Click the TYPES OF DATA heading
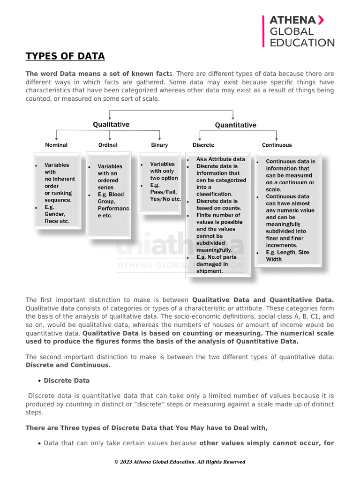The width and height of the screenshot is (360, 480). tap(65, 57)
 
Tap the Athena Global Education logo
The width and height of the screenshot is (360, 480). tap(299, 31)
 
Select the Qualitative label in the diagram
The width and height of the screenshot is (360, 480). tap(111, 125)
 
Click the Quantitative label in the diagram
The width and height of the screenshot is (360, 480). tap(235, 125)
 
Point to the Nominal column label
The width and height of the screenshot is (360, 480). tap(56, 145)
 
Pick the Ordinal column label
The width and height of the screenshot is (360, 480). tap(108, 145)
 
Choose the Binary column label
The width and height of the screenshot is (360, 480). tap(159, 145)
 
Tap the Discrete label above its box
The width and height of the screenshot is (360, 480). tap(203, 145)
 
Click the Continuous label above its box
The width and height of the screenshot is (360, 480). tap(277, 145)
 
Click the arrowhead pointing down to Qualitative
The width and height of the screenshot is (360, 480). tap(110, 118)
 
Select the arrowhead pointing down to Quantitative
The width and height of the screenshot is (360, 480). tap(233, 118)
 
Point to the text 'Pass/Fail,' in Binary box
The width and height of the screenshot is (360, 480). tap(164, 192)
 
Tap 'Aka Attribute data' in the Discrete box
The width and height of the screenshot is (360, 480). tap(220, 159)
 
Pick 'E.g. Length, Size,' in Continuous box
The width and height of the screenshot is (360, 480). tap(288, 252)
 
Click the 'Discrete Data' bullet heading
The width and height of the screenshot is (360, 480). tap(67, 381)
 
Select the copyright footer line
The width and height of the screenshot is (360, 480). tap(180, 462)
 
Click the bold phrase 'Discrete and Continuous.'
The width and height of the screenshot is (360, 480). tap(68, 365)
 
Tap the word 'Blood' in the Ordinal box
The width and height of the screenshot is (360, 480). tap(116, 195)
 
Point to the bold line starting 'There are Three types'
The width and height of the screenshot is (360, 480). tap(146, 428)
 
